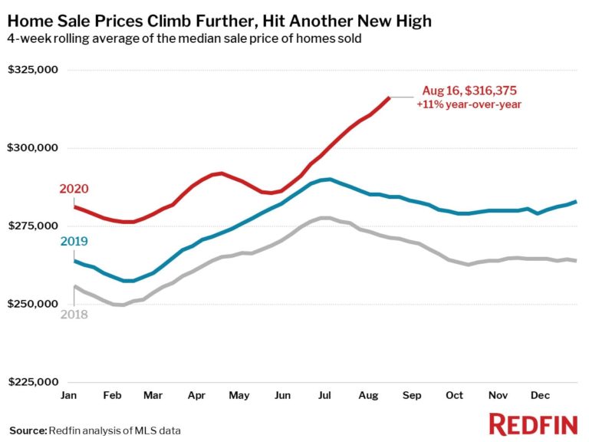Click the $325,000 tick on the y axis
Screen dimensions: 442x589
pos(33,70)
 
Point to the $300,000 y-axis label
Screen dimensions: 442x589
pos(33,148)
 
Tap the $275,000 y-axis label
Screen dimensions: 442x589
pos(33,226)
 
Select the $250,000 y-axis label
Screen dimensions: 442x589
pos(33,304)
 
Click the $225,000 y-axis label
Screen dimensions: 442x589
pos(33,382)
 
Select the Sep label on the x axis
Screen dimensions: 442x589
pos(412,394)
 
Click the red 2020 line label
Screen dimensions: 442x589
pos(74,189)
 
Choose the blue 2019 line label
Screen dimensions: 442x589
pos(74,242)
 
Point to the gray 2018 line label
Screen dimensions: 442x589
pos(74,315)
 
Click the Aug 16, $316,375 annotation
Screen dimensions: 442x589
pos(471,90)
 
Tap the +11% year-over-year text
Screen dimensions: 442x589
pos(469,104)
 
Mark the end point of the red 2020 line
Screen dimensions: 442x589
pos(390,97)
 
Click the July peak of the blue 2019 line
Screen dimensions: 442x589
pos(328,179)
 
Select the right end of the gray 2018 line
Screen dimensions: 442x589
pos(576,261)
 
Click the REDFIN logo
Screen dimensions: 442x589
pos(531,424)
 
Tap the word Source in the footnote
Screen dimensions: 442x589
pos(27,430)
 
